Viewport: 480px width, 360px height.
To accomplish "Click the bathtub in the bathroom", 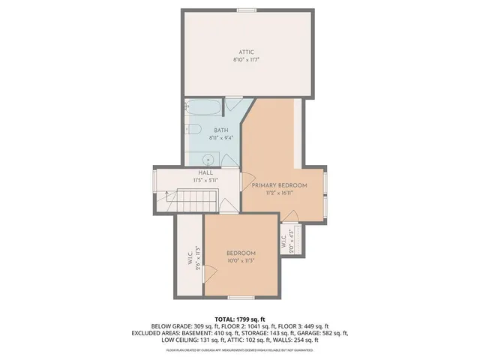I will pyautogui.click(x=202, y=109).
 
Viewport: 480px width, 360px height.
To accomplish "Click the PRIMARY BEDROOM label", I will pyautogui.click(x=279, y=185).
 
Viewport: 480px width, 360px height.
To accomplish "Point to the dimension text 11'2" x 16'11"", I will pyautogui.click(x=279, y=193).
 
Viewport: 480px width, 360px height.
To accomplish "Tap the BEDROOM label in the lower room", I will pyautogui.click(x=241, y=253).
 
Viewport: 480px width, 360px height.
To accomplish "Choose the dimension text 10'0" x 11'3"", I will pyautogui.click(x=241, y=261).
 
